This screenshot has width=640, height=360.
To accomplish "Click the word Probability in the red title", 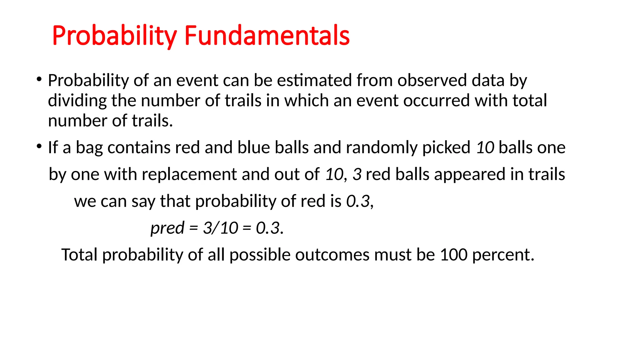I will tap(114, 36).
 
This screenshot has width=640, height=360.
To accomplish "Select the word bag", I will tap(89, 148).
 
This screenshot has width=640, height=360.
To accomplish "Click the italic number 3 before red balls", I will tap(357, 174).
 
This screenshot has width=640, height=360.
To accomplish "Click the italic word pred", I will tap(167, 228).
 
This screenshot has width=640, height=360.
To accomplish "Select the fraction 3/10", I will tap(221, 228).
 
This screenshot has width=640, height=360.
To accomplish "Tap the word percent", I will tap(503, 255).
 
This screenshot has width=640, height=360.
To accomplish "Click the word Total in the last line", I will tap(79, 255).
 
